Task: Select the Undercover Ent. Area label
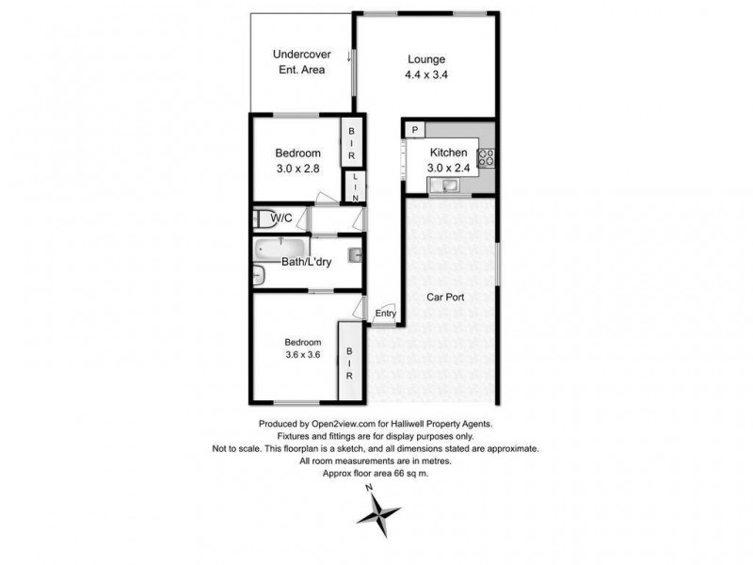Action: pyautogui.click(x=299, y=62)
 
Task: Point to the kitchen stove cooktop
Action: pyautogui.click(x=487, y=158)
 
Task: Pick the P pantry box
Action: pyautogui.click(x=415, y=129)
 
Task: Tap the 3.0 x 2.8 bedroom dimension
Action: pyautogui.click(x=298, y=170)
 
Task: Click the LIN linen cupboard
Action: pyautogui.click(x=355, y=186)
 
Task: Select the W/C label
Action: pyautogui.click(x=282, y=219)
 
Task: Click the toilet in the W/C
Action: pyautogui.click(x=263, y=218)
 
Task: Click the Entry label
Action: pyautogui.click(x=386, y=314)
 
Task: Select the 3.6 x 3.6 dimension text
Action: pyautogui.click(x=304, y=356)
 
